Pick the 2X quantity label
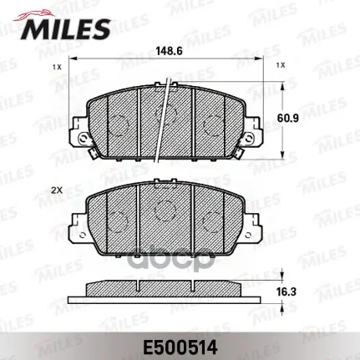tap(57, 191)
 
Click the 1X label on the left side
tap(57, 65)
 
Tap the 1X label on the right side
tap(280, 65)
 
